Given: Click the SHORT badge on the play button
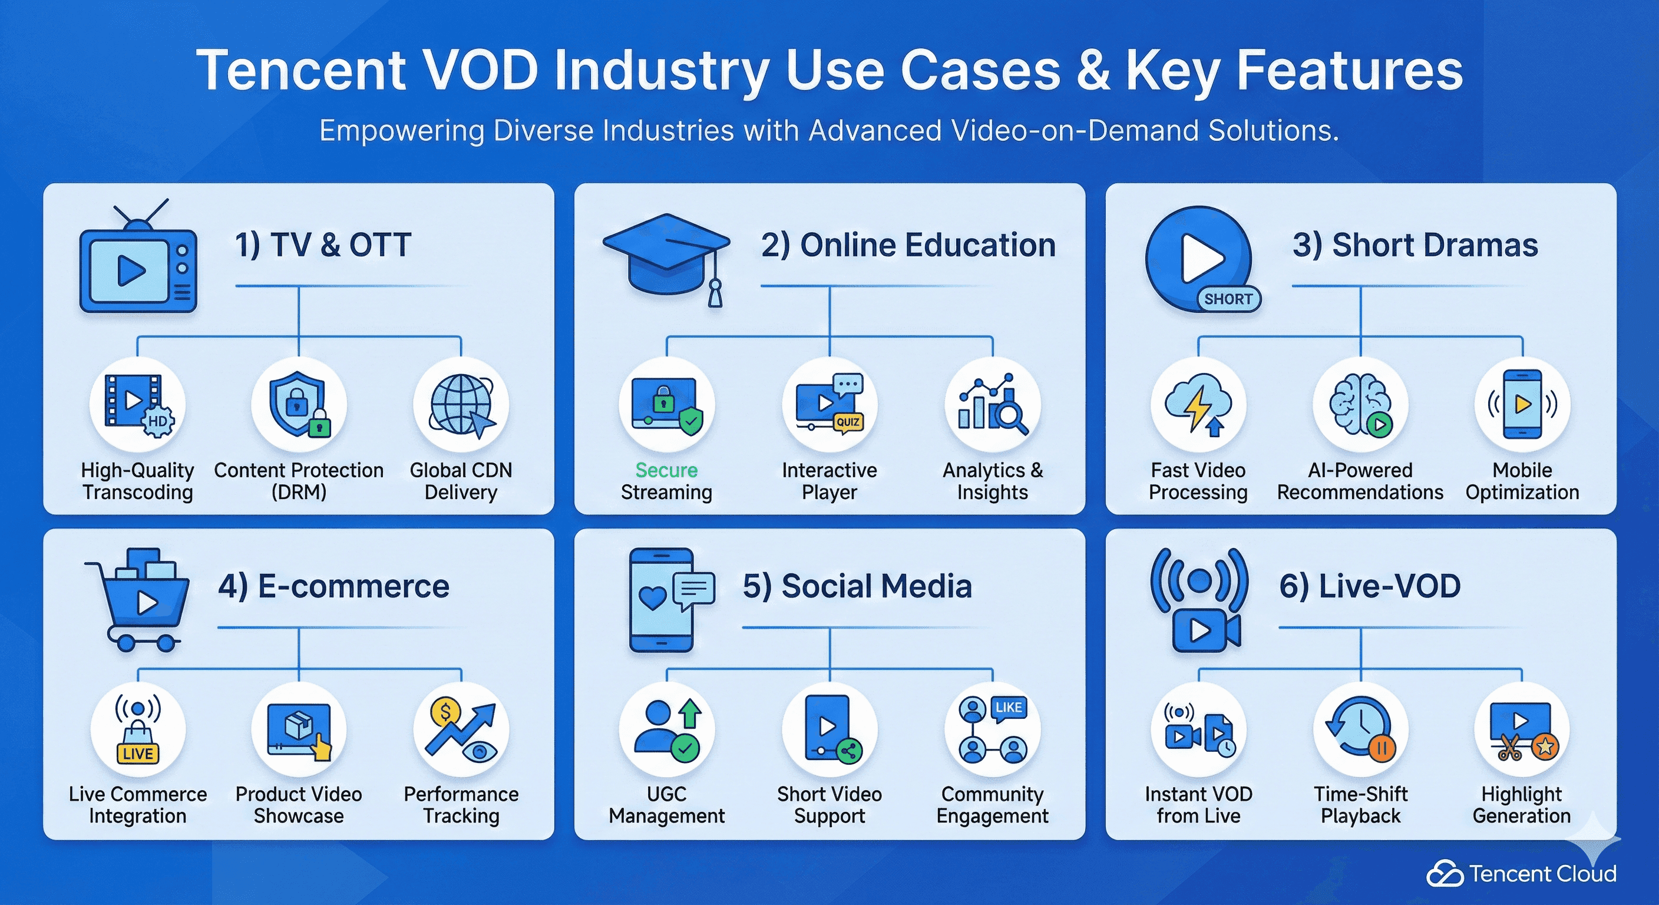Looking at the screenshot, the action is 1228,299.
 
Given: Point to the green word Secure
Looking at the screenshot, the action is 666,470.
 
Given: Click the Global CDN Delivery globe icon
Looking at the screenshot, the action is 461,405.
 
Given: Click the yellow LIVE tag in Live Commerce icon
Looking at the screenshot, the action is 137,754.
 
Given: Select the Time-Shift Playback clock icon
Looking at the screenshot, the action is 1360,731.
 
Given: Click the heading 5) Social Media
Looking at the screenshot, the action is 857,586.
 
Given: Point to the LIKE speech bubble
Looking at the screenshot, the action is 1008,707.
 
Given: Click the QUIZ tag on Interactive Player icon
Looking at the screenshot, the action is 848,422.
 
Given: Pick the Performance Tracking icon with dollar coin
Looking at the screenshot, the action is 461,729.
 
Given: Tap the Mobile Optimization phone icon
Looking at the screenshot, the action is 1522,405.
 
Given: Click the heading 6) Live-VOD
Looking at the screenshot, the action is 1369,586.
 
